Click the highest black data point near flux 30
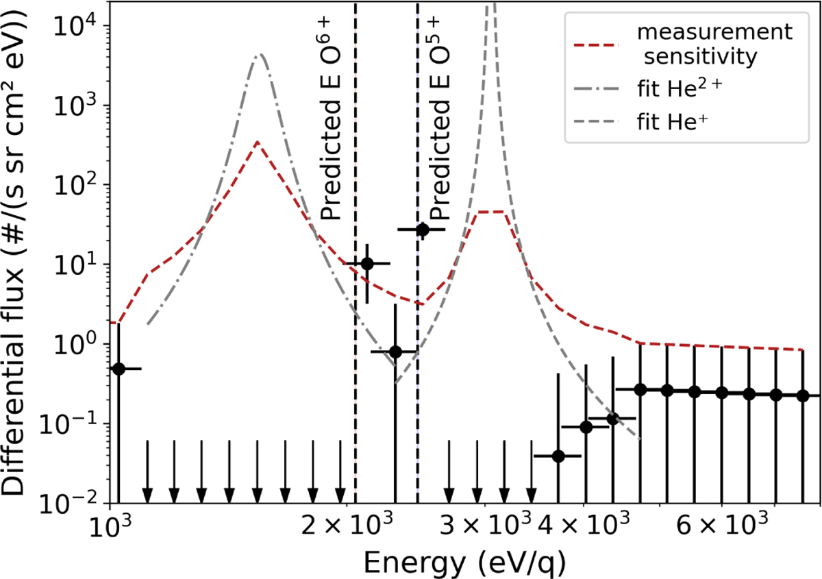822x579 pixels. pyautogui.click(x=423, y=230)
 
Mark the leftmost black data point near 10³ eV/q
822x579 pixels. pyautogui.click(x=119, y=369)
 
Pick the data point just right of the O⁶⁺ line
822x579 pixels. pyautogui.click(x=367, y=263)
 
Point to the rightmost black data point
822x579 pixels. pyautogui.click(x=804, y=395)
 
